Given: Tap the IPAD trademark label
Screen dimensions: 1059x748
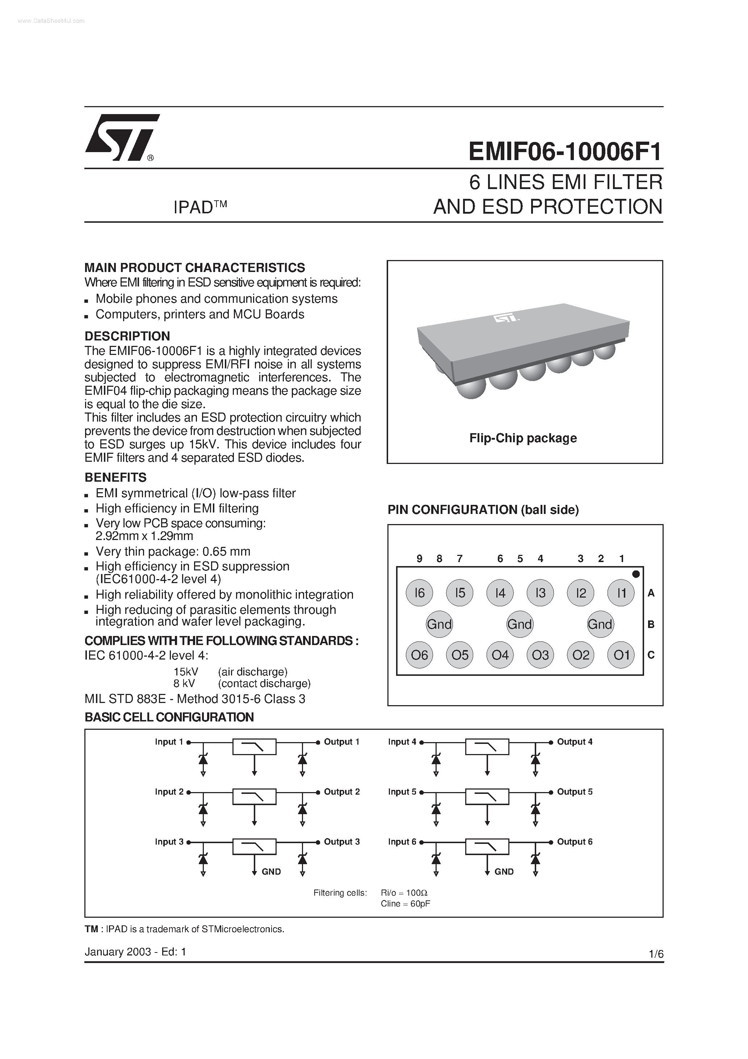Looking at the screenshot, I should (200, 208).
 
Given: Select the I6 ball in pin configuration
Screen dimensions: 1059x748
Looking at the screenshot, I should (419, 593).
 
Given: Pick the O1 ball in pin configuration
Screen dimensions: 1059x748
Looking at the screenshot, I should (621, 655).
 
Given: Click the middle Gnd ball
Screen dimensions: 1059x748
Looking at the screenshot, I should (519, 624).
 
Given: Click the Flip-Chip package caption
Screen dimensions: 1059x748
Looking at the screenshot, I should (523, 438).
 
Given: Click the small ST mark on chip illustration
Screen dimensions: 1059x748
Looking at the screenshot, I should (506, 318).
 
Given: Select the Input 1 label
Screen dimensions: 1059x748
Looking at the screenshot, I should (169, 742).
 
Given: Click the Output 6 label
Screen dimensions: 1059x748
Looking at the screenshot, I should (575, 842).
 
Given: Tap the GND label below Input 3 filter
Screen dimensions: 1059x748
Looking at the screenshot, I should (271, 872).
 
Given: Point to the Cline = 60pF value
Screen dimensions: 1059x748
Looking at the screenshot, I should (405, 904).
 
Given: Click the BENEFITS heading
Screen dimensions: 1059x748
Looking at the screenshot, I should (115, 477).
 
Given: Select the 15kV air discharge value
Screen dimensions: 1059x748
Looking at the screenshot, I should (185, 672).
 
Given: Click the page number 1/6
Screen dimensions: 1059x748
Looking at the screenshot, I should (655, 954).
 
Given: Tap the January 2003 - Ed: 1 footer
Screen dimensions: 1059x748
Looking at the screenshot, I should (135, 951).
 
